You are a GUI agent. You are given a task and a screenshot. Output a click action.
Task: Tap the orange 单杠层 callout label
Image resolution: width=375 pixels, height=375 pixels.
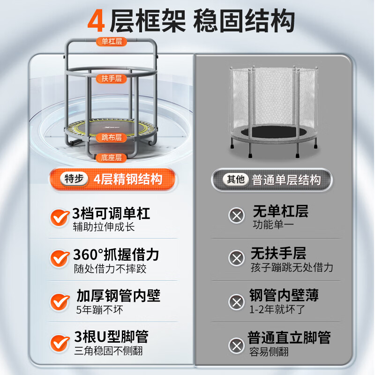pos(112,42)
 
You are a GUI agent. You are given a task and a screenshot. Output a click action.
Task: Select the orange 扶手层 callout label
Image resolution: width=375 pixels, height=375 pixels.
pos(112,78)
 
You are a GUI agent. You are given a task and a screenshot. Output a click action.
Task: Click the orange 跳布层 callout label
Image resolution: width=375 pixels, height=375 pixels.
pos(112,137)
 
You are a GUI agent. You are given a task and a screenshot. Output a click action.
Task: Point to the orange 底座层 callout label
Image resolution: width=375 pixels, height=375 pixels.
pos(112,157)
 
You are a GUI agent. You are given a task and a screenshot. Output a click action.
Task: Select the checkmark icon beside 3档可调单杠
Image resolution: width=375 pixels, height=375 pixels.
pos(60,217)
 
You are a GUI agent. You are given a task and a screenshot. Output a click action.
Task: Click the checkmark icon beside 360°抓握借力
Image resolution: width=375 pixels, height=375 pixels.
pos(60,257)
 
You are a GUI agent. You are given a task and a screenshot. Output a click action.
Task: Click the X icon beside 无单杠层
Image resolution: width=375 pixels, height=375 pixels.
pos(236,216)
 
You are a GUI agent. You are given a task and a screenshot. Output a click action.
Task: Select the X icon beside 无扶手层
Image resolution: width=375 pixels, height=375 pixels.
pos(236,258)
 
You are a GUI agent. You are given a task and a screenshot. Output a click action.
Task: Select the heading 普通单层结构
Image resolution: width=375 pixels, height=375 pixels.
pos(286,180)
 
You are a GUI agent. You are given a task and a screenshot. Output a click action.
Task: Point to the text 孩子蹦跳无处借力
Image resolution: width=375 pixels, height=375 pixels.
pos(292,268)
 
